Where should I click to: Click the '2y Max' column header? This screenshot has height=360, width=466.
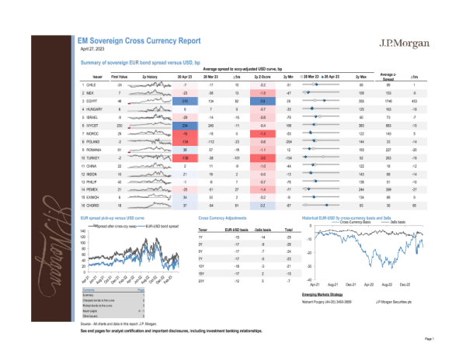360,77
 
